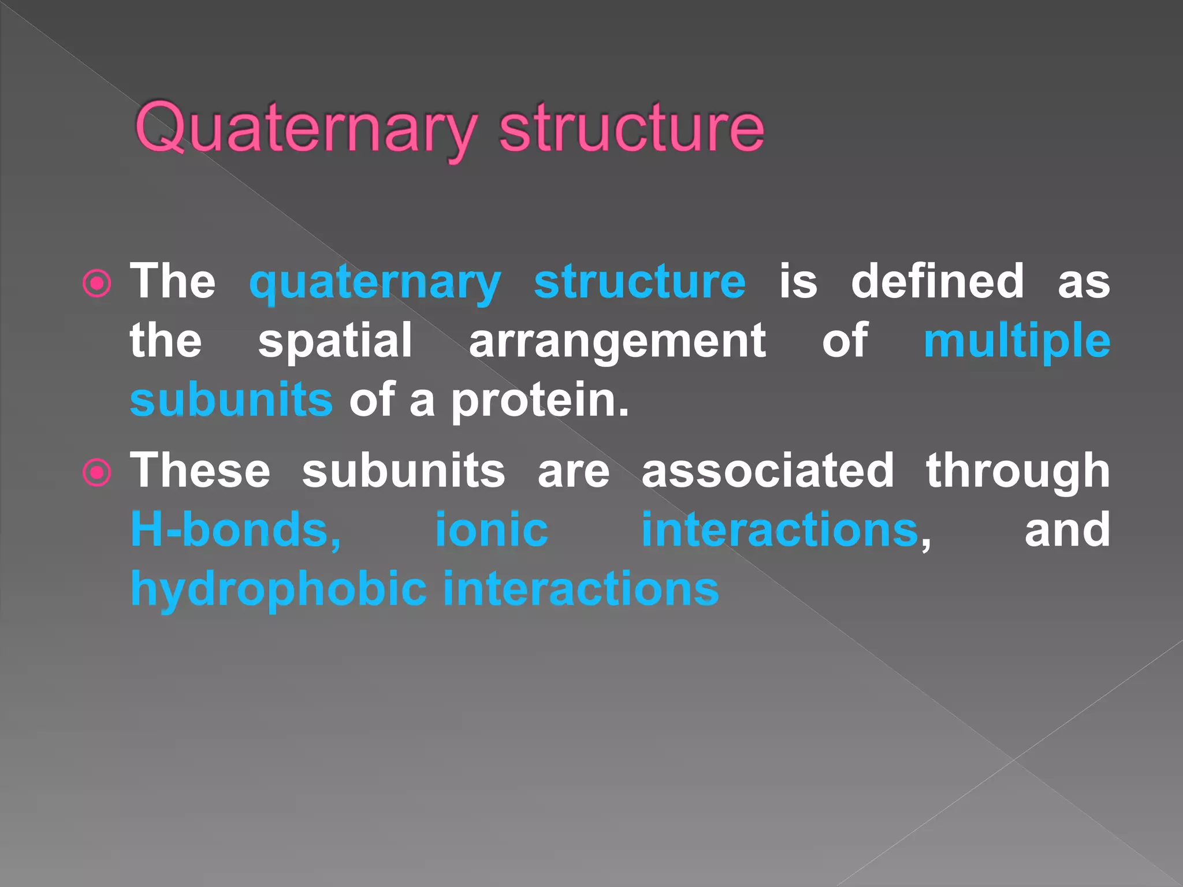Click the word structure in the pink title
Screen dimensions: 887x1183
pos(631,128)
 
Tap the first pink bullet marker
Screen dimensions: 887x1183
pos(96,283)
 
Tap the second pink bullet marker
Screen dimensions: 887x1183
pos(96,472)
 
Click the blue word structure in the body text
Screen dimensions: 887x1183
pos(639,282)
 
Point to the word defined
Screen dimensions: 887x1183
pos(937,282)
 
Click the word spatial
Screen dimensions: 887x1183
pos(335,341)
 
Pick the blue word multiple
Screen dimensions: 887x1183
pos(1017,341)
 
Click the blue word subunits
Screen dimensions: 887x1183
pos(231,400)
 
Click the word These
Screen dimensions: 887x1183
pos(200,471)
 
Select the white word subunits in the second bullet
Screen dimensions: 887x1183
pos(403,471)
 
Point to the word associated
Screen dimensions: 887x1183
pos(768,471)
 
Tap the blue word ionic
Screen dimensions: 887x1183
pos(491,530)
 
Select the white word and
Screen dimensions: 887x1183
pos(1067,530)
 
